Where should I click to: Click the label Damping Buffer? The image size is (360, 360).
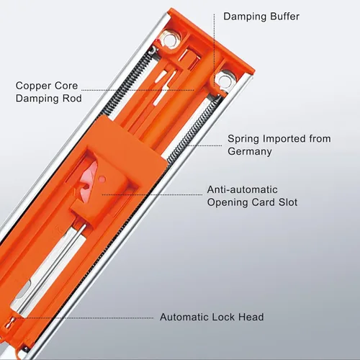click(261, 17)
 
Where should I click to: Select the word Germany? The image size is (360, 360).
click(250, 152)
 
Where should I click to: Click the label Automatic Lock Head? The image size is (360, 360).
click(212, 317)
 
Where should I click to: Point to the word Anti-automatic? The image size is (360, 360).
click(243, 189)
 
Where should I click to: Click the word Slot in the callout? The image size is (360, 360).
click(288, 202)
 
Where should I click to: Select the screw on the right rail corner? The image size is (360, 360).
click(224, 81)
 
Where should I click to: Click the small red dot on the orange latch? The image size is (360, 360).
click(102, 179)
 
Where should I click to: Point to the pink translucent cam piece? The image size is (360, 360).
click(89, 179)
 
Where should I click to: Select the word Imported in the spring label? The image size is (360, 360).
click(284, 139)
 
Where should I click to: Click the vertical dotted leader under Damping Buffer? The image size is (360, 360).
click(214, 50)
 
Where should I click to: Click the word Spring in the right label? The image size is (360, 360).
click(243, 139)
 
